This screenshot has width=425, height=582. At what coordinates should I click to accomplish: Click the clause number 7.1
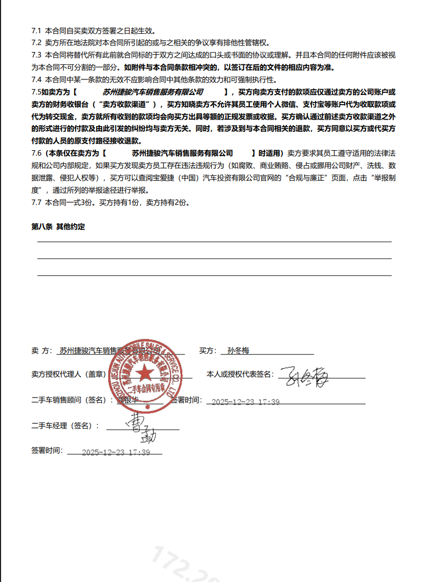[36, 31]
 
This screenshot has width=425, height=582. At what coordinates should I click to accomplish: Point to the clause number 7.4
[36, 79]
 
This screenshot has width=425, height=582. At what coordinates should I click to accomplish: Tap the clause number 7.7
[36, 202]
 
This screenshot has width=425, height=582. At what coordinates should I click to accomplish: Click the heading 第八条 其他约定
[58, 227]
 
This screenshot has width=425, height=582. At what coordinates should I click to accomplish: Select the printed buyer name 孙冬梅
[238, 351]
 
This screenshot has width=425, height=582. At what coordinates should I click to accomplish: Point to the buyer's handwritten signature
[303, 378]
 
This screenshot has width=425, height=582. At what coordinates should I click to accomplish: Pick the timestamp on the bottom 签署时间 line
[115, 452]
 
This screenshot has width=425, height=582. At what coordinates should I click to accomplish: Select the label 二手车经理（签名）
[65, 425]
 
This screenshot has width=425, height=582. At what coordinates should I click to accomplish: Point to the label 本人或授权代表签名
[240, 374]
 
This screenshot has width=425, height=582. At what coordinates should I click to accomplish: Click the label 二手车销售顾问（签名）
[72, 400]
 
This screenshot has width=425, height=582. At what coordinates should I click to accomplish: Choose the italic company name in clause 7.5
[153, 92]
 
